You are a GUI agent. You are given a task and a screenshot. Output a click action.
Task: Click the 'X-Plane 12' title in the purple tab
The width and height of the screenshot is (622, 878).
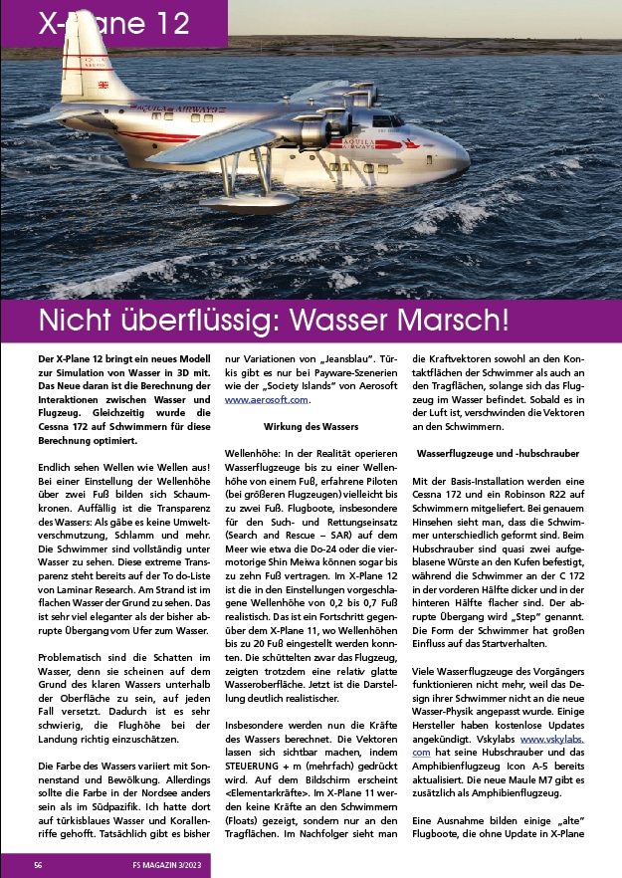click(113, 25)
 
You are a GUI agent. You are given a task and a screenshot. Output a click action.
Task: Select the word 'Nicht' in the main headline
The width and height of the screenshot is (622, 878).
click(81, 321)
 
